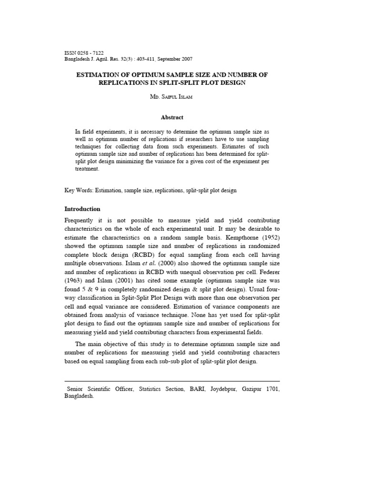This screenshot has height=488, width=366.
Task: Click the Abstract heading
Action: pyautogui.click(x=172, y=117)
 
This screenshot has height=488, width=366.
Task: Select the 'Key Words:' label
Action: pyautogui.click(x=79, y=190)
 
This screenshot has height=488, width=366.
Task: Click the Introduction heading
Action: pyautogui.click(x=82, y=209)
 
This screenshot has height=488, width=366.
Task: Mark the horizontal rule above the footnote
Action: pyautogui.click(x=172, y=381)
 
